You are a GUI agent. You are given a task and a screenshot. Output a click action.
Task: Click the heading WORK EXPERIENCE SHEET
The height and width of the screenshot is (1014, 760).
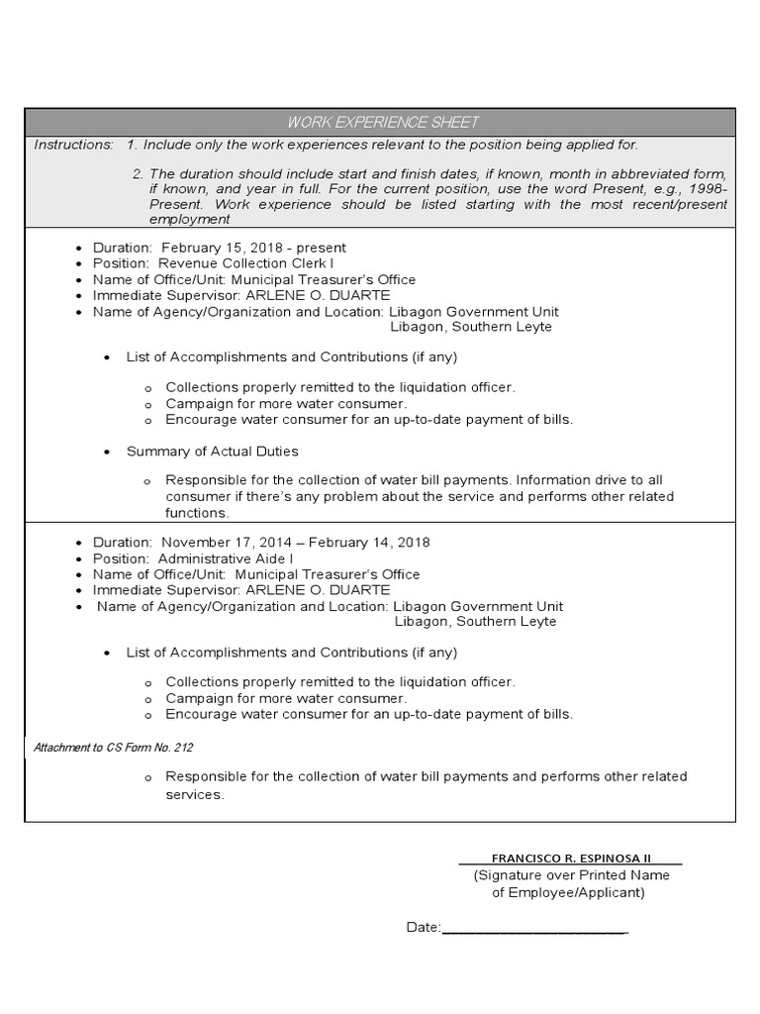(382, 122)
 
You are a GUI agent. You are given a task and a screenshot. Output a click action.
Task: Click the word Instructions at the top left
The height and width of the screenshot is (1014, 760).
(73, 145)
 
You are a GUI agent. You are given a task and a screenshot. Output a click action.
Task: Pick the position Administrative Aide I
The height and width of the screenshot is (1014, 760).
(226, 558)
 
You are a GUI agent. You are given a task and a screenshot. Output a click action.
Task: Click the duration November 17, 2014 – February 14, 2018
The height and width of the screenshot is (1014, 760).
(295, 543)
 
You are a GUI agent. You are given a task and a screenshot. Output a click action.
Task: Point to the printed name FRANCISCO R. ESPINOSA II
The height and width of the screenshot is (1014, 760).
(571, 858)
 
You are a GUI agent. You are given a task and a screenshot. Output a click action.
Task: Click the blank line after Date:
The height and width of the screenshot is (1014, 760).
(534, 928)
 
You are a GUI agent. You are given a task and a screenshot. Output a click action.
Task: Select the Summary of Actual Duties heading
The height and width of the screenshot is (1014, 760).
(212, 452)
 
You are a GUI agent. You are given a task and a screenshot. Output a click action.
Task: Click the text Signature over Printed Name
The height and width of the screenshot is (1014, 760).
(571, 875)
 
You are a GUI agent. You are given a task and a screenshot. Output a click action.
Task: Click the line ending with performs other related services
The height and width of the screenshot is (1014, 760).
(426, 776)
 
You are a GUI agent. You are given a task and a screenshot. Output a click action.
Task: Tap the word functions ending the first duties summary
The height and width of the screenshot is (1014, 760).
(197, 513)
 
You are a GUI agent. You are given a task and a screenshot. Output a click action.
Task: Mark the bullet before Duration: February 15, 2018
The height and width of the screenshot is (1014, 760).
(79, 249)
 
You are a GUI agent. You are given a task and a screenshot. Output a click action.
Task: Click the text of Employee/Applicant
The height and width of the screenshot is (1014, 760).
(568, 892)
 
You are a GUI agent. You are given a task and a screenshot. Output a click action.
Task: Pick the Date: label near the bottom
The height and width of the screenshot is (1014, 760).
(423, 928)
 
